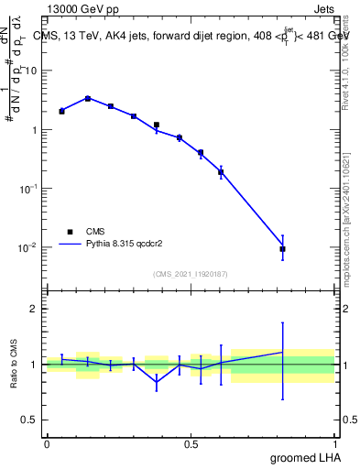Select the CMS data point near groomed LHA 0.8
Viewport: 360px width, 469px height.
click(282, 248)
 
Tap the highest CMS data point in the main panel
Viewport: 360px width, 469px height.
click(87, 98)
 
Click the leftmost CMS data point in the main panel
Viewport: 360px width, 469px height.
click(61, 111)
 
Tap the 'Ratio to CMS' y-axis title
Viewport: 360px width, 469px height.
click(16, 365)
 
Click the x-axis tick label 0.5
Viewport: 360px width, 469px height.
click(191, 444)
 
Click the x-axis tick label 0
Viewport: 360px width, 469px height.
click(47, 444)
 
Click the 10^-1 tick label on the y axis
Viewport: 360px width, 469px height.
click(30, 189)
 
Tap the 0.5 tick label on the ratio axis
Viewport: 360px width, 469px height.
click(32, 420)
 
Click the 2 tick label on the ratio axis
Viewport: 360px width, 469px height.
click(37, 309)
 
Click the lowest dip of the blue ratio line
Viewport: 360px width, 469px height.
click(157, 382)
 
